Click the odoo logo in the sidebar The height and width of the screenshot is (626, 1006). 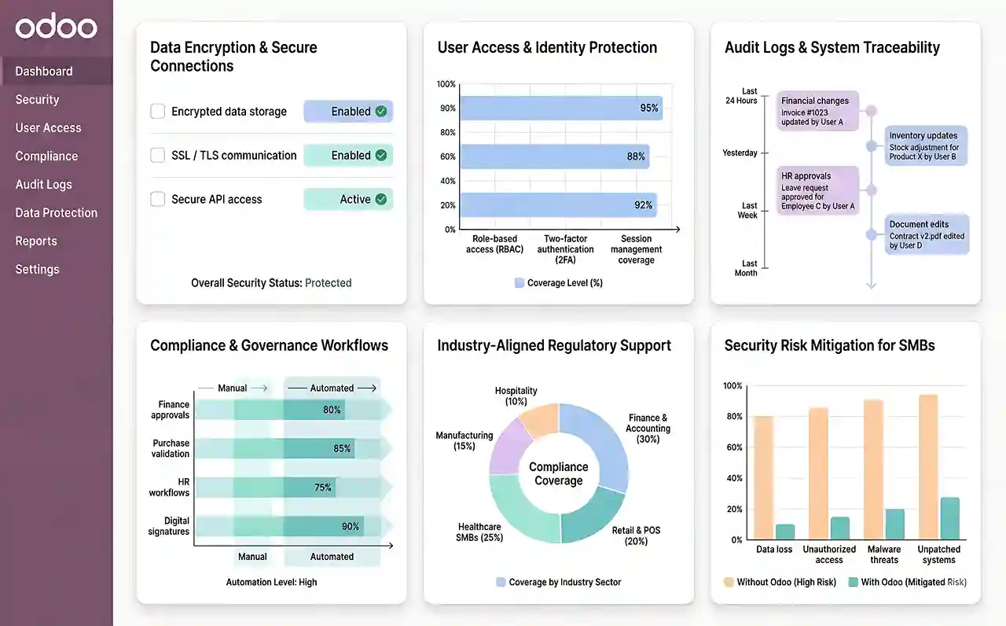coord(56,28)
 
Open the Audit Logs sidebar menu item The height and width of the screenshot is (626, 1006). coord(43,184)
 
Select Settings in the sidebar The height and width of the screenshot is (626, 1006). coord(37,269)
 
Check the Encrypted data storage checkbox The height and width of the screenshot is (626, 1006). coord(157,112)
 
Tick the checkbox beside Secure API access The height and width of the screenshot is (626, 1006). coord(157,200)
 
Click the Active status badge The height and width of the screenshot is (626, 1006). coord(348,200)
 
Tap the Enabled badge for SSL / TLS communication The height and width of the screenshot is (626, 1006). coord(348,156)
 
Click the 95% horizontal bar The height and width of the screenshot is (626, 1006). coord(560,108)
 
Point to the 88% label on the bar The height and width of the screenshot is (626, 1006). coord(636,156)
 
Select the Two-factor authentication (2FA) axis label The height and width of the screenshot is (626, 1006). coord(566,249)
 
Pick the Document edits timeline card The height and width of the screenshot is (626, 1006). coord(927,234)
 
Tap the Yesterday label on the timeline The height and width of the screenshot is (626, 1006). coord(740,153)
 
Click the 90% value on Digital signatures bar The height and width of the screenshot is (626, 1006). coord(351,526)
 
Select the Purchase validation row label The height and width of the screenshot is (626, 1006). coord(171,448)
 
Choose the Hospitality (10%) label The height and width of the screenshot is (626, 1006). coord(516,396)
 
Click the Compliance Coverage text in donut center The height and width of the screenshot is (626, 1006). coord(559,473)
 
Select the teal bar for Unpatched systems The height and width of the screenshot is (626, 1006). coord(949,518)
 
